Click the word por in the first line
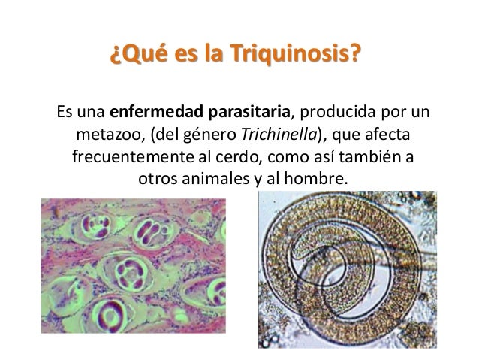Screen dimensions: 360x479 [388, 116]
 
